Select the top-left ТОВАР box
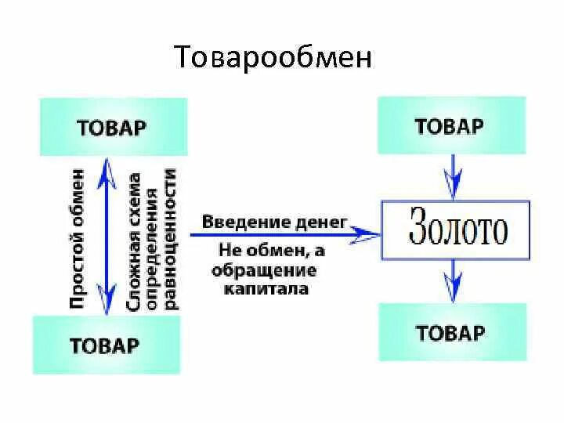(111, 127)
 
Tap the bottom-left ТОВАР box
(104, 345)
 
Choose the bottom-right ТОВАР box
(450, 332)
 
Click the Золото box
(456, 230)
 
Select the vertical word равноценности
(172, 240)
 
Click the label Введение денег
(274, 222)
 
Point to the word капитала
(266, 288)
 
